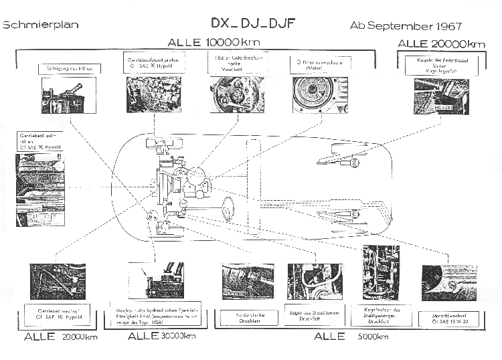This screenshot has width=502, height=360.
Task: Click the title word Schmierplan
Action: pyautogui.click(x=41, y=25)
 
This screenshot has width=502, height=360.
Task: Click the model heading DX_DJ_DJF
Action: pyautogui.click(x=253, y=23)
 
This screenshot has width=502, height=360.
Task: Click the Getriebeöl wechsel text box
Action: pyautogui.click(x=57, y=315)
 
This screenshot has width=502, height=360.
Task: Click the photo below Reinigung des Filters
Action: pyautogui.click(x=65, y=96)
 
